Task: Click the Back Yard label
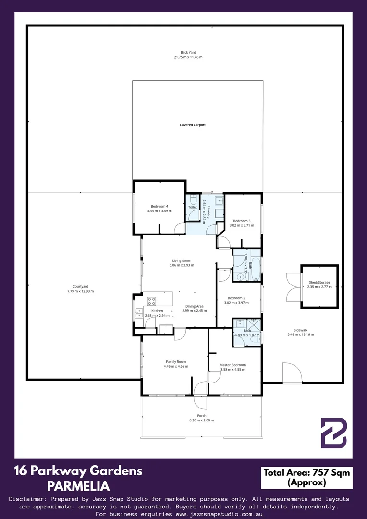[x=188, y=52]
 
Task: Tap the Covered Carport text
[x=193, y=125]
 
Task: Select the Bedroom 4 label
[x=158, y=206]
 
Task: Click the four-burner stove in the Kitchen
[x=152, y=301]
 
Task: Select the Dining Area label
[x=194, y=306]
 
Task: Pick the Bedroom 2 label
[x=236, y=298]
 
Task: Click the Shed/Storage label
[x=319, y=283]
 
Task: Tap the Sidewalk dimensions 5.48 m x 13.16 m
[x=301, y=334]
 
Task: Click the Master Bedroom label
[x=232, y=365]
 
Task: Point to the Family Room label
[x=176, y=362]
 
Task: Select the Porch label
[x=202, y=416]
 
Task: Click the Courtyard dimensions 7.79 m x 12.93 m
[x=80, y=291]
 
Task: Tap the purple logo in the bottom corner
[x=333, y=433]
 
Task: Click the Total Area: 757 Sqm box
[x=306, y=478]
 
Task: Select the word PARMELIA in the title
[x=78, y=486]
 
